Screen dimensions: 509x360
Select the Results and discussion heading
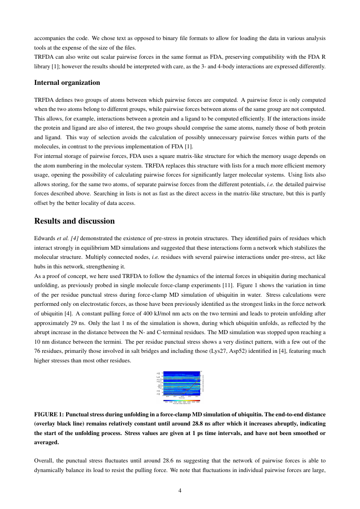point(74,221)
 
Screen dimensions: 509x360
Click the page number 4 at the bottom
point(180,491)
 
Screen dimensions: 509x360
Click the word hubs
point(40,266)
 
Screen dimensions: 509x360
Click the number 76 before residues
point(37,351)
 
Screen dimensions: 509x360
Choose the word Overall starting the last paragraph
point(44,460)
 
